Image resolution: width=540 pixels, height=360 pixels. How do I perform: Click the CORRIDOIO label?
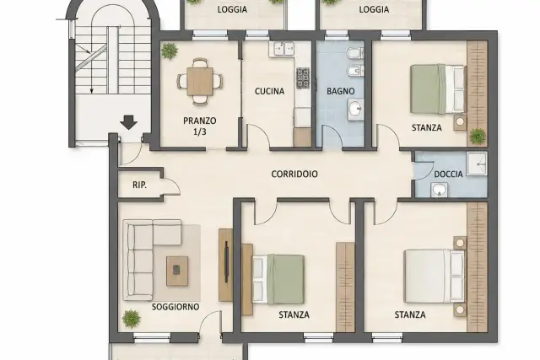point(294,175)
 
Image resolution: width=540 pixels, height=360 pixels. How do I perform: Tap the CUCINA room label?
point(270,91)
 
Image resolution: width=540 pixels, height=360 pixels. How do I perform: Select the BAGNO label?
point(341,91)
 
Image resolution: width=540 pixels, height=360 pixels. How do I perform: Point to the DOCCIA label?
point(448,175)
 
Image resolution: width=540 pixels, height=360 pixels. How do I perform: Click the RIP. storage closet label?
point(139,185)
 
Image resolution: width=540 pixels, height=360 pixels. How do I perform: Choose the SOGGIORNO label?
point(175,307)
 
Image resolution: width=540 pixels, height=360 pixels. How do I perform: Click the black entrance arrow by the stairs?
point(129,123)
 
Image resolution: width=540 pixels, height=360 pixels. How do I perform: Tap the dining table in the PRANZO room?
point(200,82)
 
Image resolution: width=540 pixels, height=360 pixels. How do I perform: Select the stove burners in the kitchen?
point(303,78)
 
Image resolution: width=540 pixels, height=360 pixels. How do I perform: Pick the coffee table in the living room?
point(177,271)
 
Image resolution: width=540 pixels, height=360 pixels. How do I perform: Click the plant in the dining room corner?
point(169,51)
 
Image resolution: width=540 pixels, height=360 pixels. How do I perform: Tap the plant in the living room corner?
point(132,319)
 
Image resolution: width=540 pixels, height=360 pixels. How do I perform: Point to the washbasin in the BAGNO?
point(355,110)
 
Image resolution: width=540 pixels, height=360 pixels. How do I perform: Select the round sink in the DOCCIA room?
point(439,190)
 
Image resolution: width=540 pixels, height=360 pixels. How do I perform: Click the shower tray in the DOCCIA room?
point(477,164)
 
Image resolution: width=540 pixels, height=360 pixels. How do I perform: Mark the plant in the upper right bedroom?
point(478,137)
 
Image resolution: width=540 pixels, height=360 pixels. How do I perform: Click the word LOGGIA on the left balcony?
point(233,9)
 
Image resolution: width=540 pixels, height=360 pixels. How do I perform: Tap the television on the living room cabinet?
point(226,262)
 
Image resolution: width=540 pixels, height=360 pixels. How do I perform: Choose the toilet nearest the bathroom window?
point(354,53)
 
